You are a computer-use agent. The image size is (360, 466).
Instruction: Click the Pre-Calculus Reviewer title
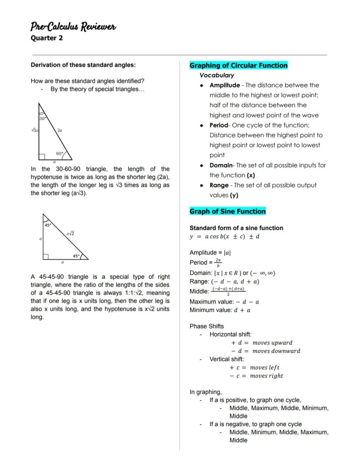click(x=73, y=27)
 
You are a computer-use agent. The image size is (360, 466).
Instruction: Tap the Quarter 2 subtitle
click(x=47, y=38)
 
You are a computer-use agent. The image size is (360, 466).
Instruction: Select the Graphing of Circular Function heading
click(x=238, y=66)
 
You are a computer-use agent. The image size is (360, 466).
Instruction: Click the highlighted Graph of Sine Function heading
click(x=227, y=211)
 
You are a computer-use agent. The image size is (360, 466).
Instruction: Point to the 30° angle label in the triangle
click(x=42, y=118)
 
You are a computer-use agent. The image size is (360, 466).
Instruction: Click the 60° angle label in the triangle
click(x=60, y=153)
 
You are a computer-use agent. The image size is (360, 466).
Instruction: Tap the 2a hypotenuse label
click(x=59, y=130)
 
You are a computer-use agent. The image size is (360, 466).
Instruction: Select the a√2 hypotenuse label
click(x=70, y=234)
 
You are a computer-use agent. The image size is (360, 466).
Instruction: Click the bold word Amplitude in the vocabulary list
click(x=224, y=85)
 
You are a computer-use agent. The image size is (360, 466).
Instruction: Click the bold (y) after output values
click(x=234, y=195)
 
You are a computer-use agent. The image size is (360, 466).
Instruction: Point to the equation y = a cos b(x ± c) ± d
click(x=224, y=237)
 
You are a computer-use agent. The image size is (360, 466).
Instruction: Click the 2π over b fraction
click(x=218, y=262)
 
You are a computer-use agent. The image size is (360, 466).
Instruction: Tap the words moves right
click(x=266, y=376)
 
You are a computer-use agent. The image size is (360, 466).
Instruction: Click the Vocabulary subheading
click(x=217, y=75)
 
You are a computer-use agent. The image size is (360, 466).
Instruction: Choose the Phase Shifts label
click(x=207, y=326)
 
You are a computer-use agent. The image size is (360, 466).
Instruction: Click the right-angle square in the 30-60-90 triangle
click(x=42, y=157)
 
